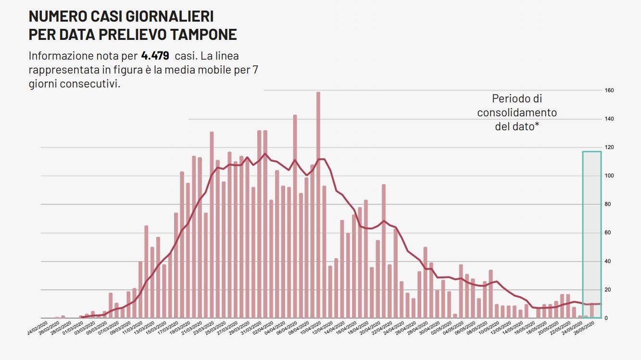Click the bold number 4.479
pos(155,56)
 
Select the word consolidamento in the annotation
pos(517,112)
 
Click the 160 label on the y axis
pos(610,90)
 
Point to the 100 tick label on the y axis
pos(610,176)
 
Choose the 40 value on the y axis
pos(608,261)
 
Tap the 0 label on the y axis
pos(607,318)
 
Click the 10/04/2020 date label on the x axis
pos(310,330)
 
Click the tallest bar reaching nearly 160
pos(318,204)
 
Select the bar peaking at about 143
pos(295,216)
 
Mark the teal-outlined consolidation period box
pos(592,235)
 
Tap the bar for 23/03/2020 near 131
pos(212,225)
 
